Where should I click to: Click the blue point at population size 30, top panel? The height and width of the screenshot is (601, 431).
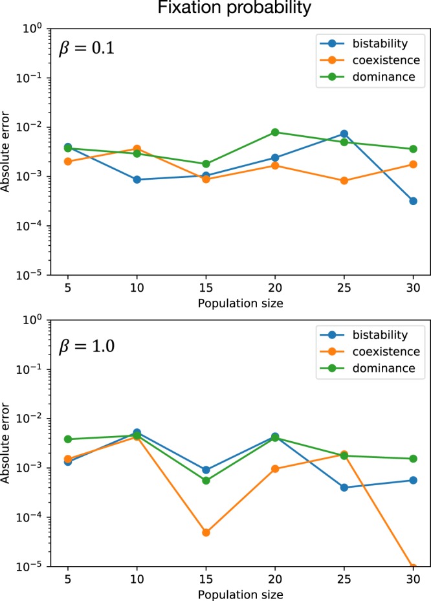coord(413,201)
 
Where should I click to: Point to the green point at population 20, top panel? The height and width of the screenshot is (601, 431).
coord(275,132)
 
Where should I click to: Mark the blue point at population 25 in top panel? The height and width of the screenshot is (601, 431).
coord(344,134)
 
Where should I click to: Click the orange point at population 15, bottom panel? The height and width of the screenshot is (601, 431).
coord(206,532)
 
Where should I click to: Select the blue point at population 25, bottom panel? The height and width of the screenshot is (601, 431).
coord(344,487)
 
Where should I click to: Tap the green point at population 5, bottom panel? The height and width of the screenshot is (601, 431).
coord(68,439)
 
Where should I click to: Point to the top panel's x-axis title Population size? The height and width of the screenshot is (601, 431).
coord(240,302)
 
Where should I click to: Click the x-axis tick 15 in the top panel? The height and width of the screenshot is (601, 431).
coord(206,288)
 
